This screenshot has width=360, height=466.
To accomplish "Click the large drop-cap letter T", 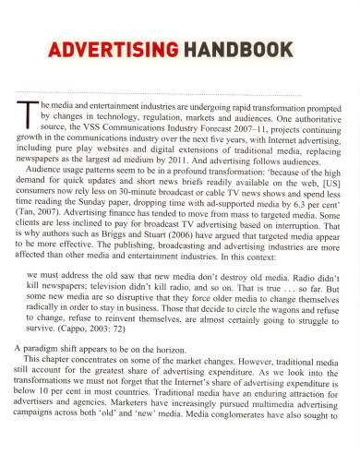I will pos(24,112).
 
